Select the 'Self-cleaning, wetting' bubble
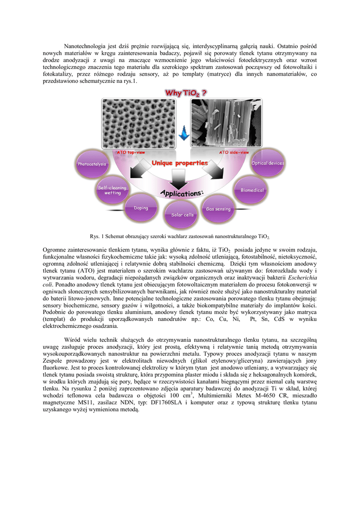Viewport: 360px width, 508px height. [113, 190]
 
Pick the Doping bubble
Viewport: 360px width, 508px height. [141, 208]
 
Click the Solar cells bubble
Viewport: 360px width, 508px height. [182, 214]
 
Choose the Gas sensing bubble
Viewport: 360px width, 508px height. [218, 208]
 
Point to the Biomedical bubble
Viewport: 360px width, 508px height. [252, 190]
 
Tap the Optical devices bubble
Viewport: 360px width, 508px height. [268, 163]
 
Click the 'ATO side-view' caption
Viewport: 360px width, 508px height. [234, 152]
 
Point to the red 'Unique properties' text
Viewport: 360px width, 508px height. [179, 163]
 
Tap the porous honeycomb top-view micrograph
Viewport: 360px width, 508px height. [137, 123]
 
